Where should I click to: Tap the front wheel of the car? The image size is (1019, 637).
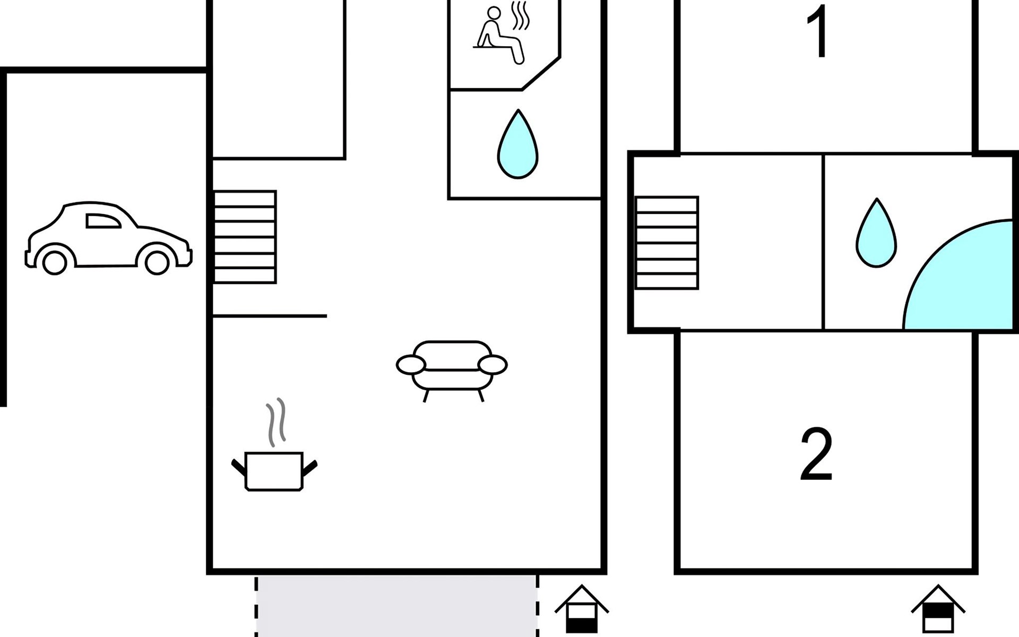coord(157,262)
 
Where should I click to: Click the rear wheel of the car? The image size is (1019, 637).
coord(55,262)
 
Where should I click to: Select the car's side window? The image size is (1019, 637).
coord(103,221)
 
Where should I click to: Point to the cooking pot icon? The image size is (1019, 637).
coord(274,471)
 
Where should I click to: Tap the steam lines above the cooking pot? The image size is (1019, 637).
coord(276,422)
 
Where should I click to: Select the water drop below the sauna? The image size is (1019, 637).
coord(518,144)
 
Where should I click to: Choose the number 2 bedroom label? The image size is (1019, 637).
coord(816,454)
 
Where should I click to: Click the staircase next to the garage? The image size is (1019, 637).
coord(245,237)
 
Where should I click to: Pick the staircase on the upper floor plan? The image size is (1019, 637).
coord(667,243)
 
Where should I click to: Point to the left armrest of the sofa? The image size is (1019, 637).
coord(411,365)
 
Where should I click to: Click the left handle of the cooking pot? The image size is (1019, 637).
coord(238,467)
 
